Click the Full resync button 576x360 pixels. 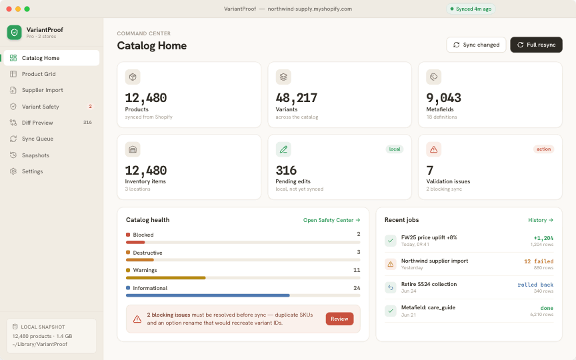tap(536, 45)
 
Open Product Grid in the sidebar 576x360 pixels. tap(39, 74)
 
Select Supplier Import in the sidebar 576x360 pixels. tap(42, 90)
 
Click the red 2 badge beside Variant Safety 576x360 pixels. tap(90, 107)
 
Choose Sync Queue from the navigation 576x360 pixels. tap(37, 139)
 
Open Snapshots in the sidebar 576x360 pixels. tap(35, 155)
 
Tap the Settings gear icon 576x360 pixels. tap(13, 171)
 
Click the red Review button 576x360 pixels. tap(339, 319)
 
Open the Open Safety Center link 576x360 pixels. tap(331, 220)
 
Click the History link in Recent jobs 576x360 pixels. tap(541, 220)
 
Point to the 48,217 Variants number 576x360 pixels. tap(297, 98)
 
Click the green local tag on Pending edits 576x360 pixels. tap(395, 149)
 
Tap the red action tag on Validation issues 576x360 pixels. tap(543, 149)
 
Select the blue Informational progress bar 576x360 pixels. tap(207, 295)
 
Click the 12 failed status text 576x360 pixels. tap(539, 261)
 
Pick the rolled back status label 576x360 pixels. tap(535, 285)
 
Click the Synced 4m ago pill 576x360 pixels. tap(471, 9)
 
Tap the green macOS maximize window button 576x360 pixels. tap(27, 9)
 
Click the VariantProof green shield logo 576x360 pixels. tap(14, 32)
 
